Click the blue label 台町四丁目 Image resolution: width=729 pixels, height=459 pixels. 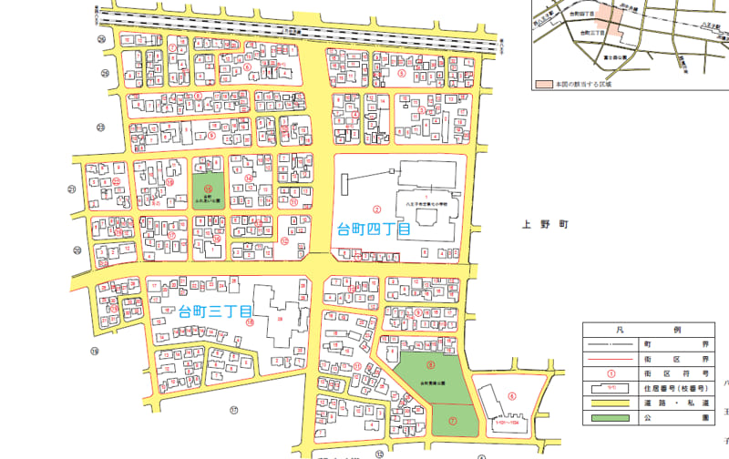tap(372, 229)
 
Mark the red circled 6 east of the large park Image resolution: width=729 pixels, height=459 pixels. tap(512, 395)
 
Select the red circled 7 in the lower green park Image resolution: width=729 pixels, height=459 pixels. tap(453, 420)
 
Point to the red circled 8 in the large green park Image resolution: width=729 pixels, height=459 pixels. tap(429, 340)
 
